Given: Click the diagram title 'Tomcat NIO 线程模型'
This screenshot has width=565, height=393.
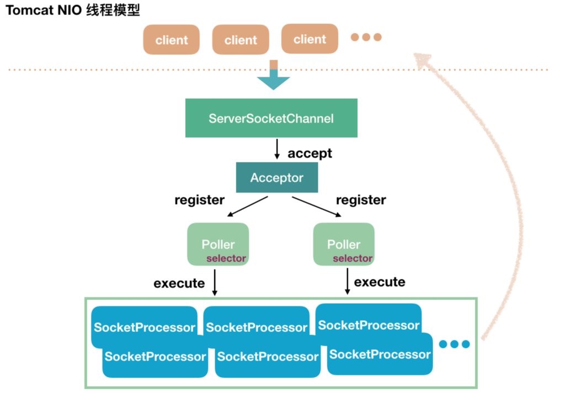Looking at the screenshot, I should point(73,10).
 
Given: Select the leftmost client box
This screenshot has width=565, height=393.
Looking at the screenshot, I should point(172,40).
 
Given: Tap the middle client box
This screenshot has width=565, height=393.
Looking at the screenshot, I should point(241,40).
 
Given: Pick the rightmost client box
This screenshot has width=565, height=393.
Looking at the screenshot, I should point(310,39).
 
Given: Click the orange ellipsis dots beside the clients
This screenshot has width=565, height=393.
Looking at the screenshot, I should point(366,38).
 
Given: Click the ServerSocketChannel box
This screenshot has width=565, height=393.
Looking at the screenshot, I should point(271,118).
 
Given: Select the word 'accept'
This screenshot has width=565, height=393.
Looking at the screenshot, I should point(310,153).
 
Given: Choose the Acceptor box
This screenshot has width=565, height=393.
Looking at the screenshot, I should point(276,177).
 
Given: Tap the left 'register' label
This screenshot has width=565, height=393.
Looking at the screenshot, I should point(199,200).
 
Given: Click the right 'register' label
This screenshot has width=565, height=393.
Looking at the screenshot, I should point(361,200).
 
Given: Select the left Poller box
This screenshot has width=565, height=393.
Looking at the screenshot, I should point(218,244).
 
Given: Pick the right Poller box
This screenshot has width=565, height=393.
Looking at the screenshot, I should point(344,244).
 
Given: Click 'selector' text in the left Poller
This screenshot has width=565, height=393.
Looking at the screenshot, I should point(226,258).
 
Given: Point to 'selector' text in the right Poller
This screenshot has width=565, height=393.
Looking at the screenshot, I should point(353,258).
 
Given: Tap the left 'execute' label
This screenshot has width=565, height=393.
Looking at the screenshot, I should point(179,284).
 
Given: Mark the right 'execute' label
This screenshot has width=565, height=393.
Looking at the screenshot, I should point(380,282).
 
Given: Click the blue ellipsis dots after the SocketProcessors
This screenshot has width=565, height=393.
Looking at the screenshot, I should point(454,344).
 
